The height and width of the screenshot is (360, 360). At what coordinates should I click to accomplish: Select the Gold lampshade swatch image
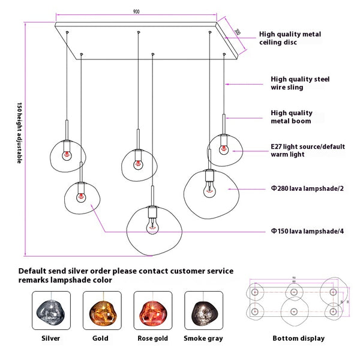tap(100, 310)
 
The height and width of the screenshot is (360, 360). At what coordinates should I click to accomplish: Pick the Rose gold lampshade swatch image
tap(152, 310)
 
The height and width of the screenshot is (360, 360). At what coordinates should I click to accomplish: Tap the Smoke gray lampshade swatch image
tap(203, 310)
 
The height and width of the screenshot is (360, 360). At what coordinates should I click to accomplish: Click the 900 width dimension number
tap(137, 11)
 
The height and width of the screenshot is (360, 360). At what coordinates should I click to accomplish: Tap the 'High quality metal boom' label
tap(291, 116)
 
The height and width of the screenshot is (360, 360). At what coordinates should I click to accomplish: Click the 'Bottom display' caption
tap(298, 338)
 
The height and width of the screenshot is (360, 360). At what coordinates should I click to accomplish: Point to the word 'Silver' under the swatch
tap(50, 338)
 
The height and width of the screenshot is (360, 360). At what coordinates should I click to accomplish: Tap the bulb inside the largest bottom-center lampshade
tap(152, 223)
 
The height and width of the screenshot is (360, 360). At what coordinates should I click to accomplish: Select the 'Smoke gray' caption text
tap(203, 338)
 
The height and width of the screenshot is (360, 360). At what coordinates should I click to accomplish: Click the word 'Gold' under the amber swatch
tap(100, 338)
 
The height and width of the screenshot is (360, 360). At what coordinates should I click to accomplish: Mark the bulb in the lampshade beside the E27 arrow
tap(223, 148)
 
